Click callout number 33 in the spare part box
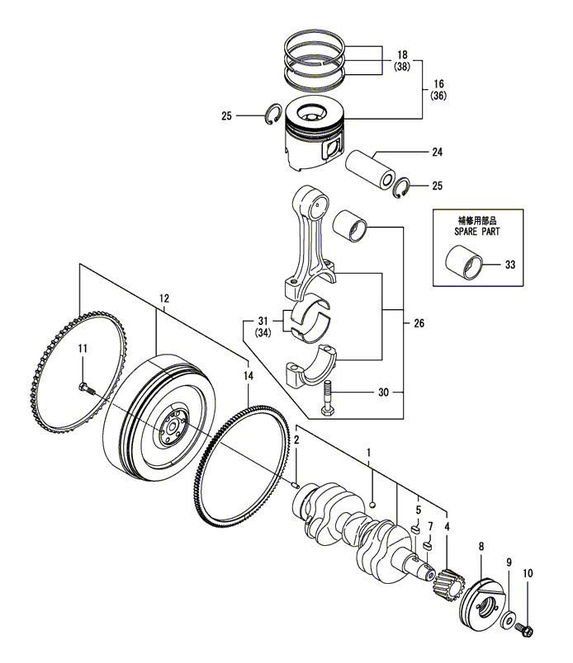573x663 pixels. click(x=510, y=265)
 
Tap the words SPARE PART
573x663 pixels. click(x=477, y=231)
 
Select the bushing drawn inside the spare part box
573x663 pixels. click(x=464, y=262)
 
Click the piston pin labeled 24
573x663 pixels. click(x=370, y=172)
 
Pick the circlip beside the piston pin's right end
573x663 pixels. click(x=401, y=188)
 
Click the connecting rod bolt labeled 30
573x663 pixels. click(x=327, y=398)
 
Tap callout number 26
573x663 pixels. click(x=419, y=323)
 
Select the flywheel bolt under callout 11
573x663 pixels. click(x=87, y=388)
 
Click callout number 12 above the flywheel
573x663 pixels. click(x=164, y=299)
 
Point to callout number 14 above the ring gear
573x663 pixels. click(x=249, y=375)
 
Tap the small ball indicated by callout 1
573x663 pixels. click(x=372, y=504)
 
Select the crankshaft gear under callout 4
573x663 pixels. click(x=448, y=584)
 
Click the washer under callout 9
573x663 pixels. click(x=508, y=621)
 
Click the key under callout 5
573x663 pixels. click(x=416, y=529)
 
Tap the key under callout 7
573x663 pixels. click(x=429, y=545)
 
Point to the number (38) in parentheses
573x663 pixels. click(x=402, y=67)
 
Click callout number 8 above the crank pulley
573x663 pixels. click(x=481, y=547)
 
